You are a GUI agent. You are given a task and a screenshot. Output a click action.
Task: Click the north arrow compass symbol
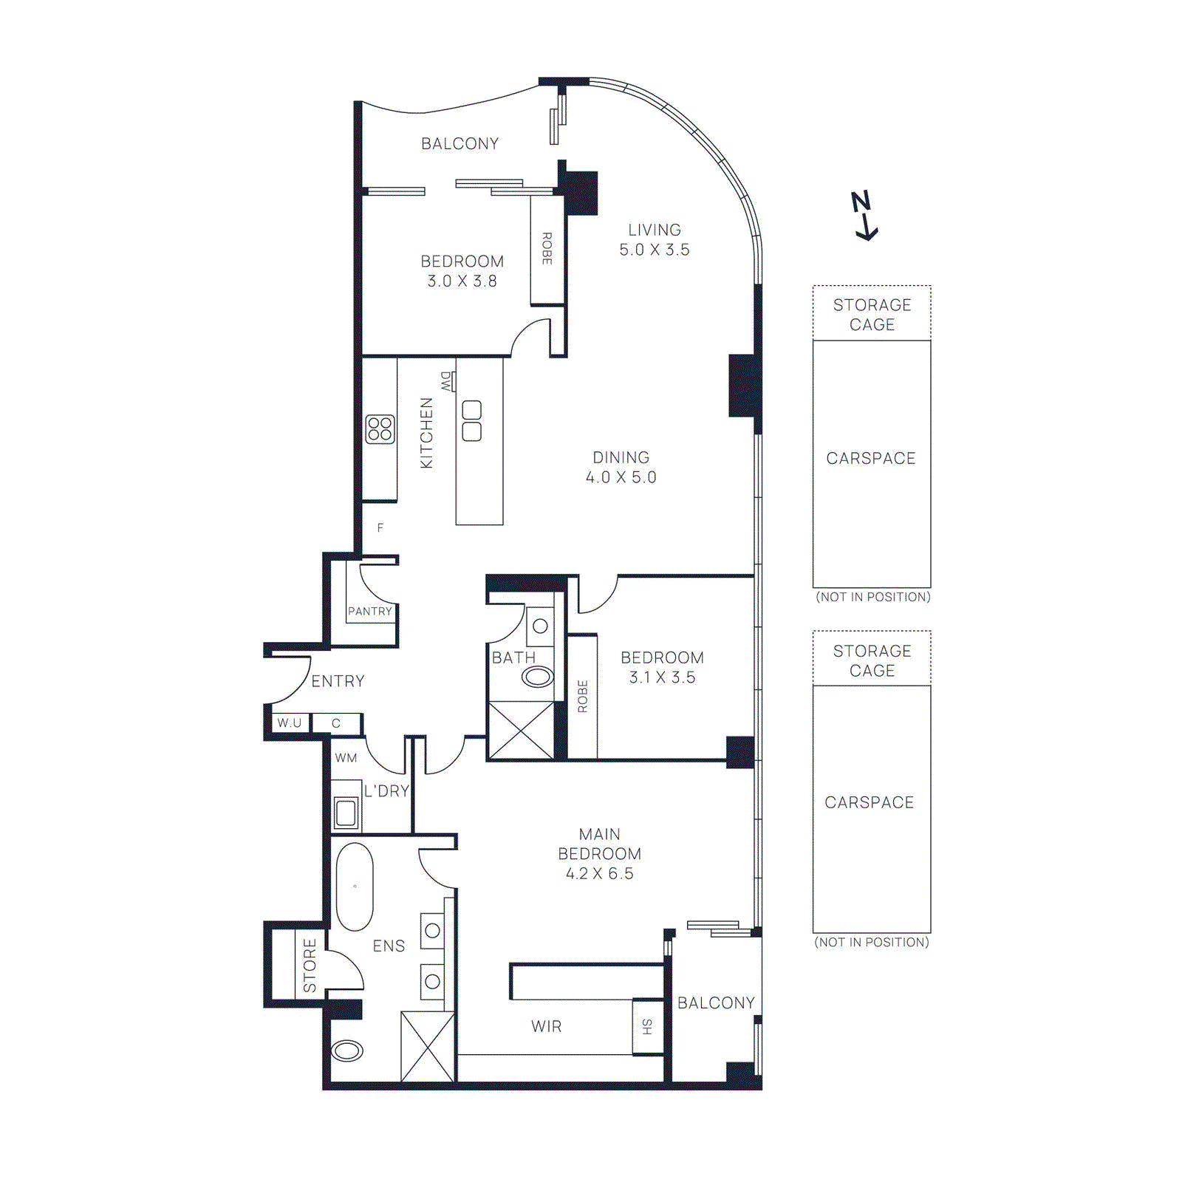864,216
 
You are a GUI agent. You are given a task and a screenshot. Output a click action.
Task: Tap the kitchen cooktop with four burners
380,429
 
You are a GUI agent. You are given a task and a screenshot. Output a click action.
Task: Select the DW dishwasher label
446,381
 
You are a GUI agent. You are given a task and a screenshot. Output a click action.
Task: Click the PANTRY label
370,612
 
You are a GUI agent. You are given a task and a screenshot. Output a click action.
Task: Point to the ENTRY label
338,681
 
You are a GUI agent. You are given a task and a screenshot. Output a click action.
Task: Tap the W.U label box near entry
290,723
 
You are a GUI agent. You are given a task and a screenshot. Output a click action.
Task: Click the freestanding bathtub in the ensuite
355,886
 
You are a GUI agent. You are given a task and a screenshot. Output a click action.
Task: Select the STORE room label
310,966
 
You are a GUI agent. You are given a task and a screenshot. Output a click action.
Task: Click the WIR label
547,1026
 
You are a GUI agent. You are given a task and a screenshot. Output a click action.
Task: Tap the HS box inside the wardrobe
648,1026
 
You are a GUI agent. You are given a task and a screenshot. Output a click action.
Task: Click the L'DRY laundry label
386,791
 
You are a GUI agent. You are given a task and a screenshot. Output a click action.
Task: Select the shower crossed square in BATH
521,731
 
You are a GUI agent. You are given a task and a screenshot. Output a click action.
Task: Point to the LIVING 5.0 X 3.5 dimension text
655,240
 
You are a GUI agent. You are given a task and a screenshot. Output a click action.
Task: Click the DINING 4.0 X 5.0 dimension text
621,468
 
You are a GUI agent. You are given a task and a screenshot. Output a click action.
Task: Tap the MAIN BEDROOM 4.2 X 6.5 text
600,854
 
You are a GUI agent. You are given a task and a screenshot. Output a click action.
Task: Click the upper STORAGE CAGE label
872,315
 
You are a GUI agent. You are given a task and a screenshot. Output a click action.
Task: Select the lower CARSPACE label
870,802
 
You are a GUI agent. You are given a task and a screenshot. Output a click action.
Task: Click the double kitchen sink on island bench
471,421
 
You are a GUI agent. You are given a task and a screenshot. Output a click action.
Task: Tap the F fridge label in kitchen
380,527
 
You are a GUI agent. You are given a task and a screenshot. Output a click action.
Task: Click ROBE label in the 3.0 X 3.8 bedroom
547,249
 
